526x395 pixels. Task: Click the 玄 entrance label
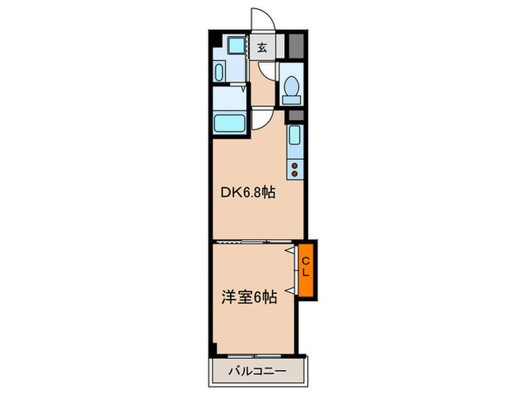point(263,47)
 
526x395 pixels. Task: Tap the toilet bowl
point(292,84)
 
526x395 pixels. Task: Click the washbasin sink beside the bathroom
point(219,73)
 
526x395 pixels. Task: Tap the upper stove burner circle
point(295,166)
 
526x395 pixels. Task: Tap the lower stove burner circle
point(295,175)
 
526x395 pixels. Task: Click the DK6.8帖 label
point(247,193)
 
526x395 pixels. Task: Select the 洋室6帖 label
point(249,297)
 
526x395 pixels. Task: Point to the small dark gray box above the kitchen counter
point(295,115)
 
